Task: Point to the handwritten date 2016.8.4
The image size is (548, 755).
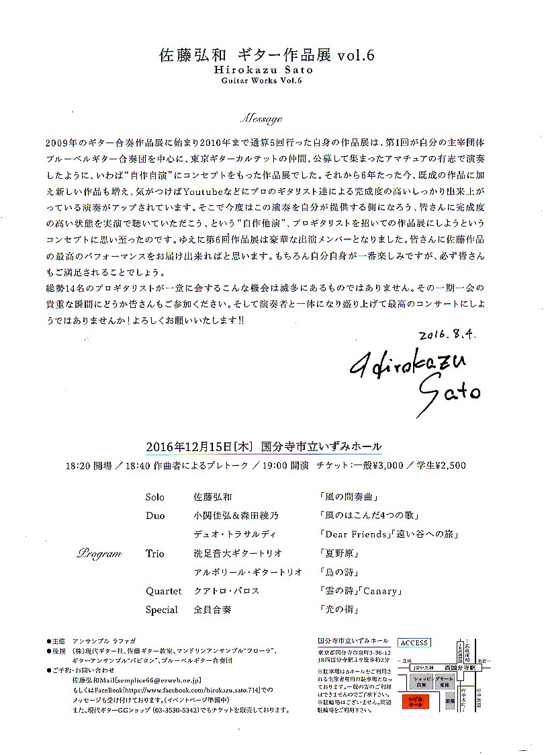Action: (447, 335)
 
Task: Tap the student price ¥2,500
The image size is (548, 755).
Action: (446, 465)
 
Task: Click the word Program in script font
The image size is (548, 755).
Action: (99, 554)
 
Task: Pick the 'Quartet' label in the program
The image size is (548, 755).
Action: (164, 591)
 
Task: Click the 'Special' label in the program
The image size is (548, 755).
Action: (162, 610)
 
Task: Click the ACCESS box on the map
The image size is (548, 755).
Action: (414, 643)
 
